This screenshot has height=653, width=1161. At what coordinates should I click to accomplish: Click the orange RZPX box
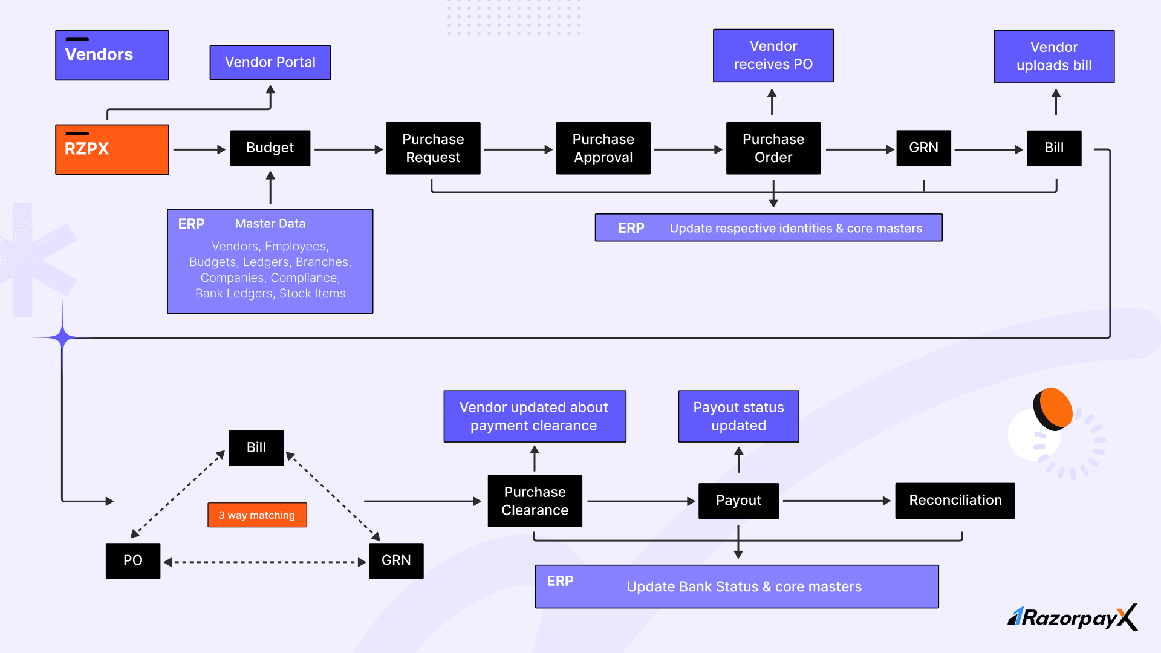click(112, 149)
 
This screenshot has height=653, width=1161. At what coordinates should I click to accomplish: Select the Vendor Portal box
click(270, 62)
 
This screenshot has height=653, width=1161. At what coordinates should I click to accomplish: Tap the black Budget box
click(270, 148)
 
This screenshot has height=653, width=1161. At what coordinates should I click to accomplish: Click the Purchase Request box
click(433, 148)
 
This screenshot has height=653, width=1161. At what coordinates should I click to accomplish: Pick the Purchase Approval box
click(603, 148)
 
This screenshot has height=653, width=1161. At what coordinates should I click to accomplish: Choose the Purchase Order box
click(773, 148)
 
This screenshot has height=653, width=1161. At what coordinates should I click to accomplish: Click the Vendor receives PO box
click(773, 56)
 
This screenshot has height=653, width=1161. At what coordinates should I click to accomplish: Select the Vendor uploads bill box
click(1054, 56)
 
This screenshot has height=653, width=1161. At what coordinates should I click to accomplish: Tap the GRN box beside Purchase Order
click(923, 148)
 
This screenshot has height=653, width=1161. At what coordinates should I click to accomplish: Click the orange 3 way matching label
click(257, 515)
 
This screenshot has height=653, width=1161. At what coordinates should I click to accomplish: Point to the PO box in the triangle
click(133, 561)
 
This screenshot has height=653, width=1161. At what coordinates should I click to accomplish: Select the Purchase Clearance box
click(535, 501)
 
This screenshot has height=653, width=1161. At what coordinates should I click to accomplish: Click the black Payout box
click(738, 501)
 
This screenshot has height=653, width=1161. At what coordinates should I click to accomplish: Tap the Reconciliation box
click(955, 501)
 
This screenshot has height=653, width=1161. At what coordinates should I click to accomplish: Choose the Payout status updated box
click(738, 417)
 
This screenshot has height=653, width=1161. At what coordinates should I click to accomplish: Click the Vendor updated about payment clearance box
click(535, 417)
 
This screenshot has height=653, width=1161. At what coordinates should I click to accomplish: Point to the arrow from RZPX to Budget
click(200, 149)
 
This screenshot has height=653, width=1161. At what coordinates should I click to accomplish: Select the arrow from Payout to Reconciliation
click(837, 501)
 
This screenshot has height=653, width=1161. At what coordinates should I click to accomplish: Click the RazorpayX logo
click(1073, 617)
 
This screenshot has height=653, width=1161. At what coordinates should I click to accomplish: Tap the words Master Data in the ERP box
click(270, 224)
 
